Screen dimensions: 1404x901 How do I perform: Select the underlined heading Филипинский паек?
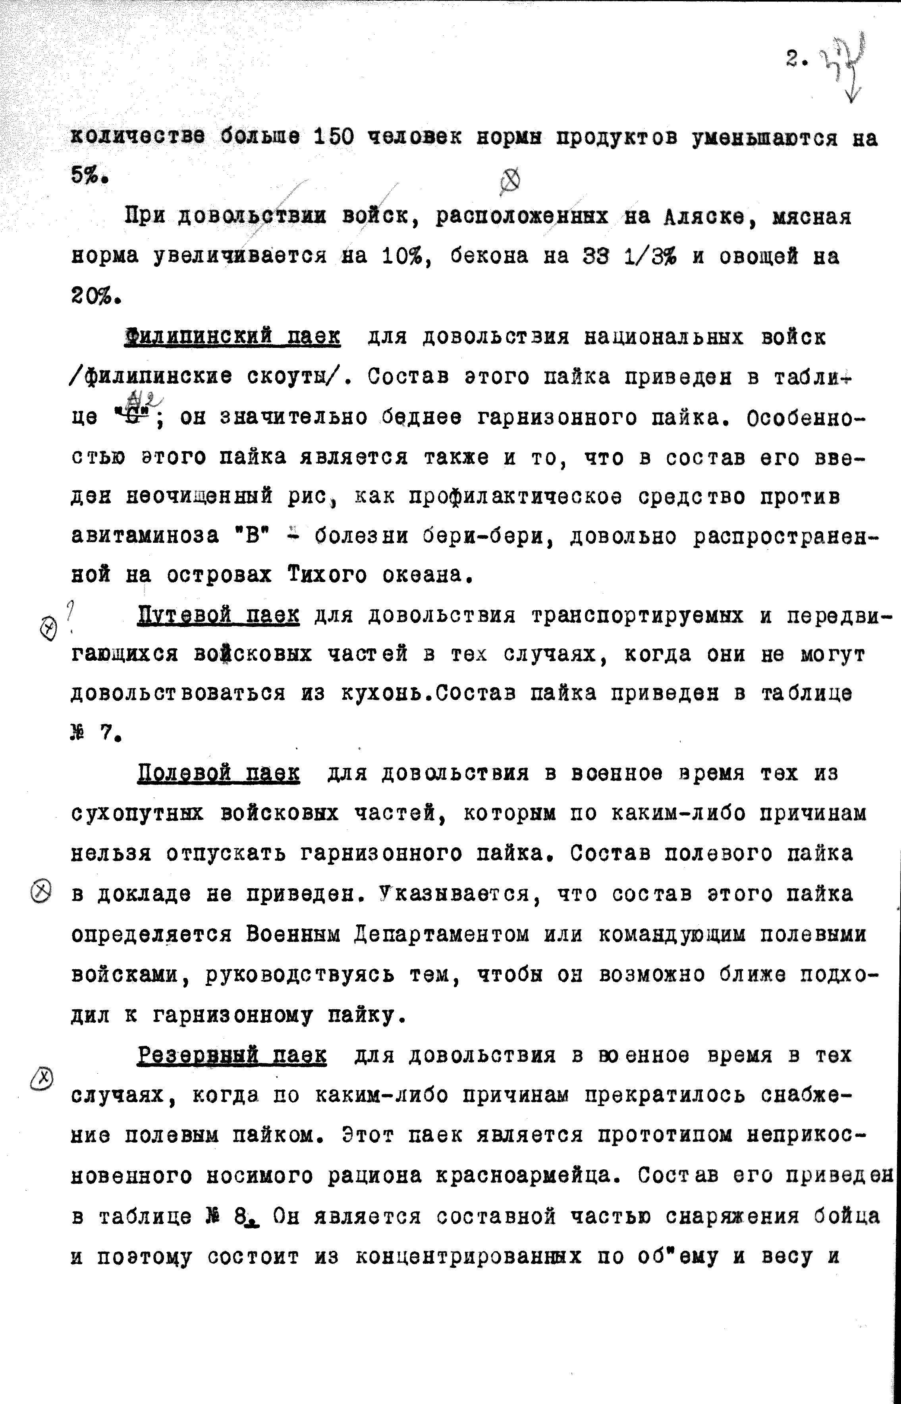[x=233, y=337]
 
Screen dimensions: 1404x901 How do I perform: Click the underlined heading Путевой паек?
[x=218, y=615]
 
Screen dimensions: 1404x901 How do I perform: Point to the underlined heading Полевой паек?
[x=218, y=774]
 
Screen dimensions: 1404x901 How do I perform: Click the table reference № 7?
[x=94, y=734]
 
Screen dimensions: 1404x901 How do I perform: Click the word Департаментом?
[x=442, y=934]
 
